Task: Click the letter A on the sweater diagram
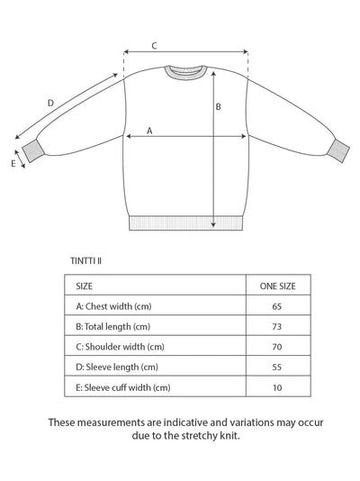click(149, 130)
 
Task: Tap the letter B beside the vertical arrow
click(218, 107)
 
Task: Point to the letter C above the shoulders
click(154, 45)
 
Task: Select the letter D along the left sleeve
click(50, 104)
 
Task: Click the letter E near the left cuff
click(13, 164)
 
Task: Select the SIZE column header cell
click(85, 286)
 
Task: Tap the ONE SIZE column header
click(277, 286)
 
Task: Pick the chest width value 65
click(277, 306)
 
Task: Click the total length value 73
click(277, 326)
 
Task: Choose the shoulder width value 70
click(277, 347)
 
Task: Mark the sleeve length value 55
click(277, 367)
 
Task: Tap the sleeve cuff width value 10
click(277, 387)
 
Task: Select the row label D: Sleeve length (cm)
click(117, 367)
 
